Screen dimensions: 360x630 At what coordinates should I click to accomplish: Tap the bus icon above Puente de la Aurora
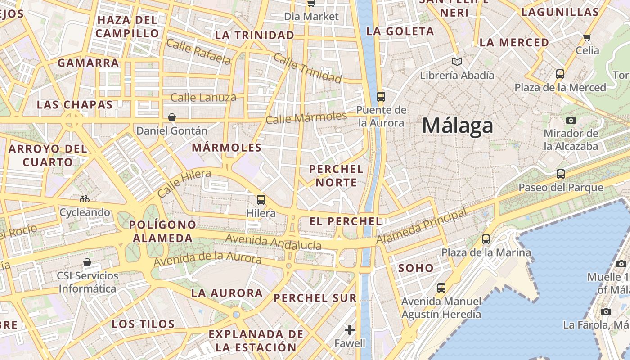point(381,96)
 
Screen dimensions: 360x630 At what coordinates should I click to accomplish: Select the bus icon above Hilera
point(261,200)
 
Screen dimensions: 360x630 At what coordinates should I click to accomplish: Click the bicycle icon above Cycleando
point(85,199)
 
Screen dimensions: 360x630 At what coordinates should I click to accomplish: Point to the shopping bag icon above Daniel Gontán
point(172,118)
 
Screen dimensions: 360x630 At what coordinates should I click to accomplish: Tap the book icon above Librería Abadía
point(457,62)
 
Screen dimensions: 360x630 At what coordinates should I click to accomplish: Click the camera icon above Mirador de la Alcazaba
point(571,120)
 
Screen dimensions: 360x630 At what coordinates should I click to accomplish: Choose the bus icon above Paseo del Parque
point(561,174)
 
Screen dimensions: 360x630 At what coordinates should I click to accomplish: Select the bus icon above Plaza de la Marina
point(486,239)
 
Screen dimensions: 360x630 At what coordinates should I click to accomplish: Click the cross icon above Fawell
point(350,330)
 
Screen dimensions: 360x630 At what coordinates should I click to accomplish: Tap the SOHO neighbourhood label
point(416,268)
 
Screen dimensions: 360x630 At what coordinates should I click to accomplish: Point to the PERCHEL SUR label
point(315,298)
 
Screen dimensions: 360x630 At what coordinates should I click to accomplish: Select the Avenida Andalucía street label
point(274,242)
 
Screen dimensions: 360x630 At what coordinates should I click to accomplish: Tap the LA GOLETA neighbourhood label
point(400,31)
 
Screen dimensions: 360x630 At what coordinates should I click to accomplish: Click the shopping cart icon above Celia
point(587,37)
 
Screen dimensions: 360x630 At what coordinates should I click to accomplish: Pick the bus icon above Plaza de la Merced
point(560,74)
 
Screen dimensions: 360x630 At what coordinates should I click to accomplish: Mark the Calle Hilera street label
point(184,183)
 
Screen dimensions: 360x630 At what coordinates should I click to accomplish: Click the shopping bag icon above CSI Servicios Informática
point(87,262)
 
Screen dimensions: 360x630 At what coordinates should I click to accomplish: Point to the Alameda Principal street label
point(421,227)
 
